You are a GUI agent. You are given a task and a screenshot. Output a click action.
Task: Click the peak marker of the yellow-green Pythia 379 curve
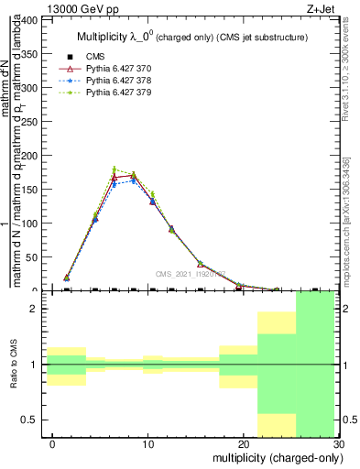pyautogui.click(x=115, y=169)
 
